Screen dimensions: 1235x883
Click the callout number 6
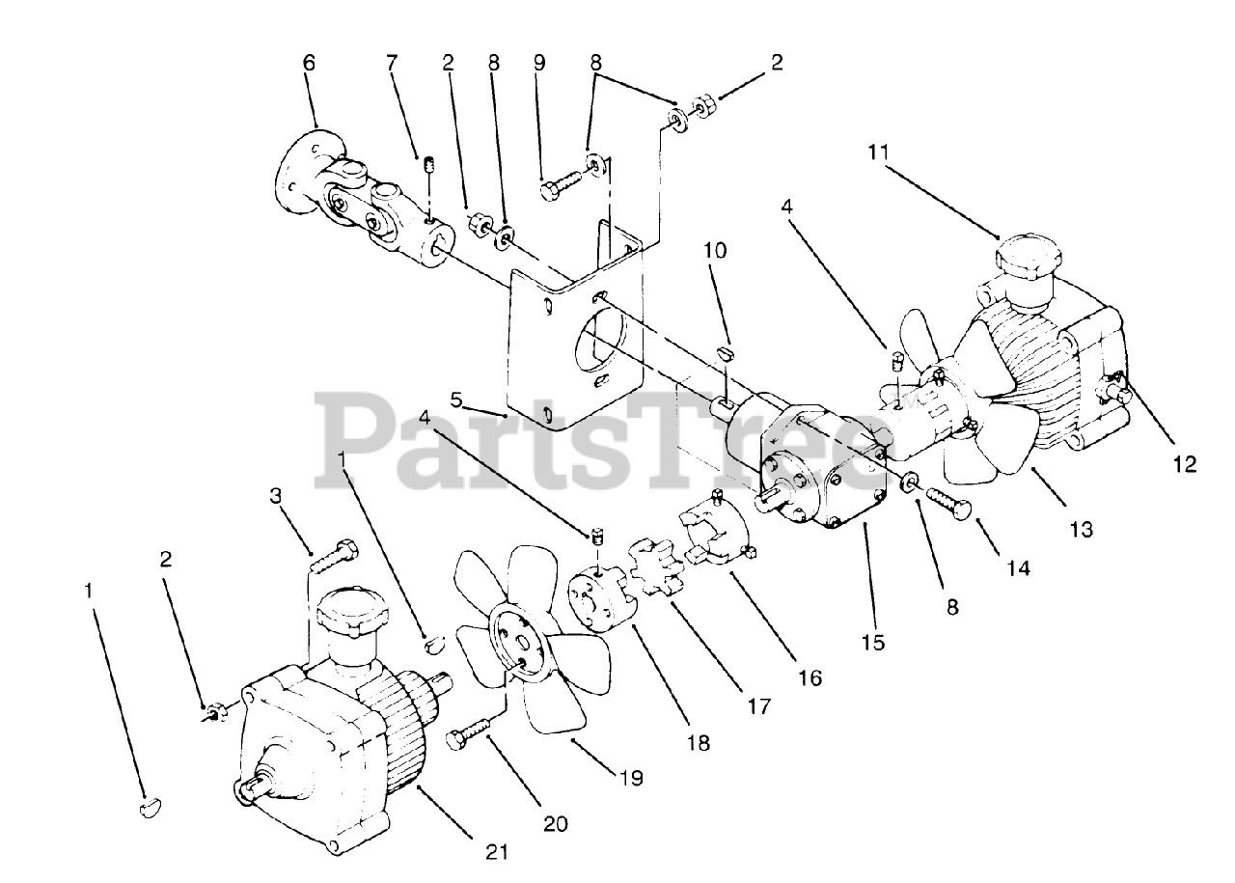[x=309, y=63]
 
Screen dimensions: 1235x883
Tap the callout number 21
[x=497, y=851]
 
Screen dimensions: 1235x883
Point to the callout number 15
[x=872, y=641]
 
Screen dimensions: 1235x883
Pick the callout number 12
[x=1185, y=464]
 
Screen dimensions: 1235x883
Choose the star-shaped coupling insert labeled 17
[x=655, y=571]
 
